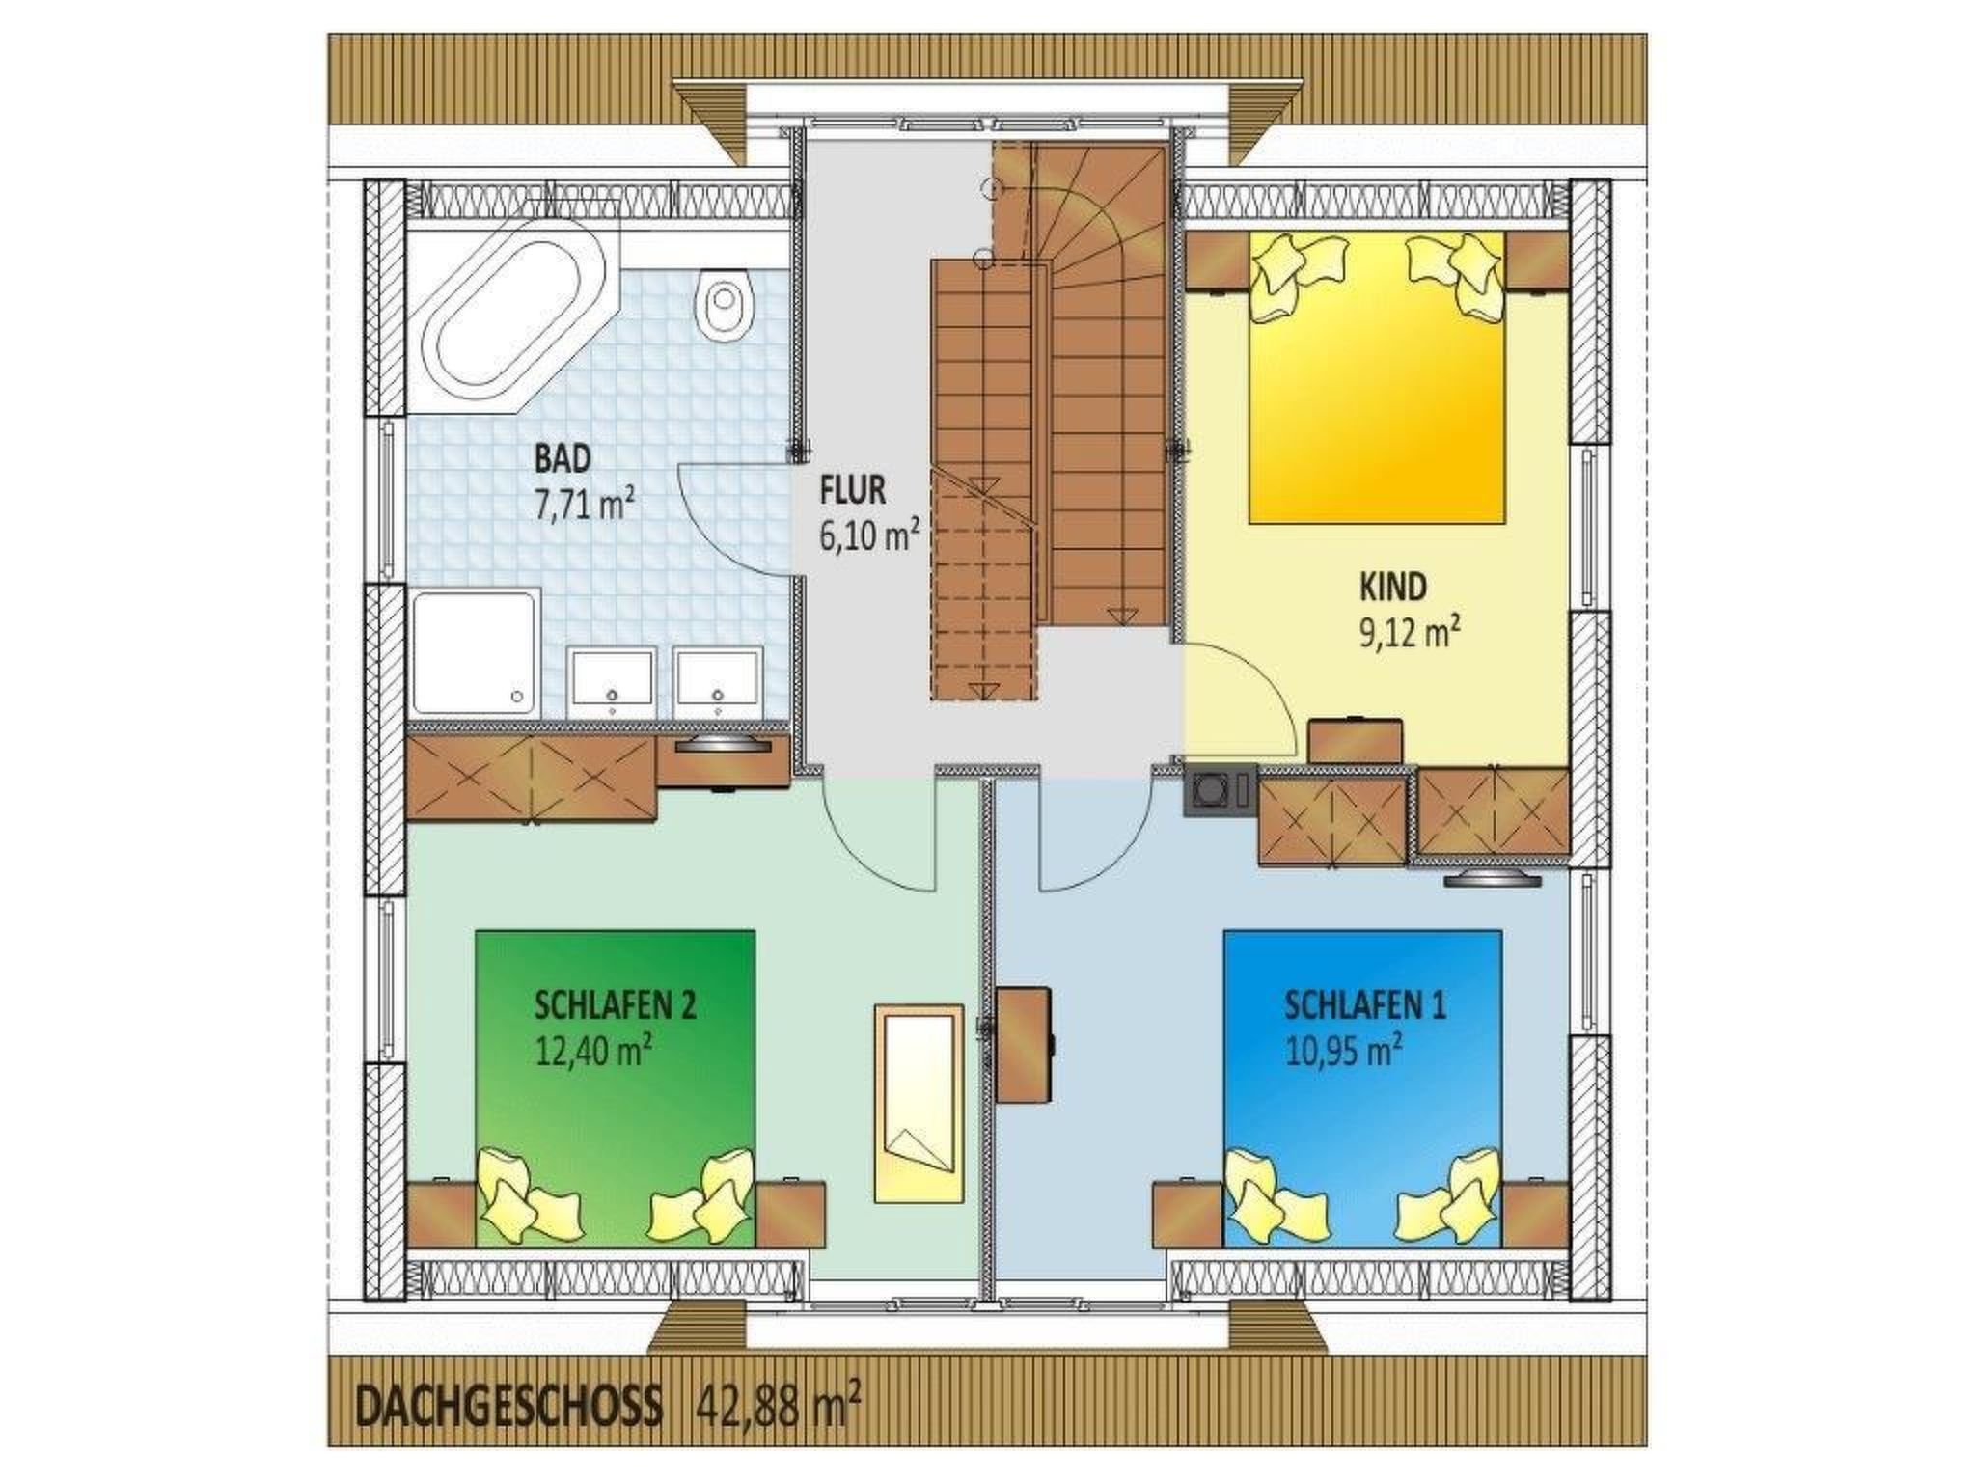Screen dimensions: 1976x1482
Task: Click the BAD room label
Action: click(562, 458)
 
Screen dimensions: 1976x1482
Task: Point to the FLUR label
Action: click(852, 490)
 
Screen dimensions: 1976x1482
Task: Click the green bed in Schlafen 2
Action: click(615, 1087)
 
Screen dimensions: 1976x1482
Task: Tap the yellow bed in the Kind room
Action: click(1377, 376)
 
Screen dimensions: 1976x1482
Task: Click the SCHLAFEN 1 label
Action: click(1364, 1006)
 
